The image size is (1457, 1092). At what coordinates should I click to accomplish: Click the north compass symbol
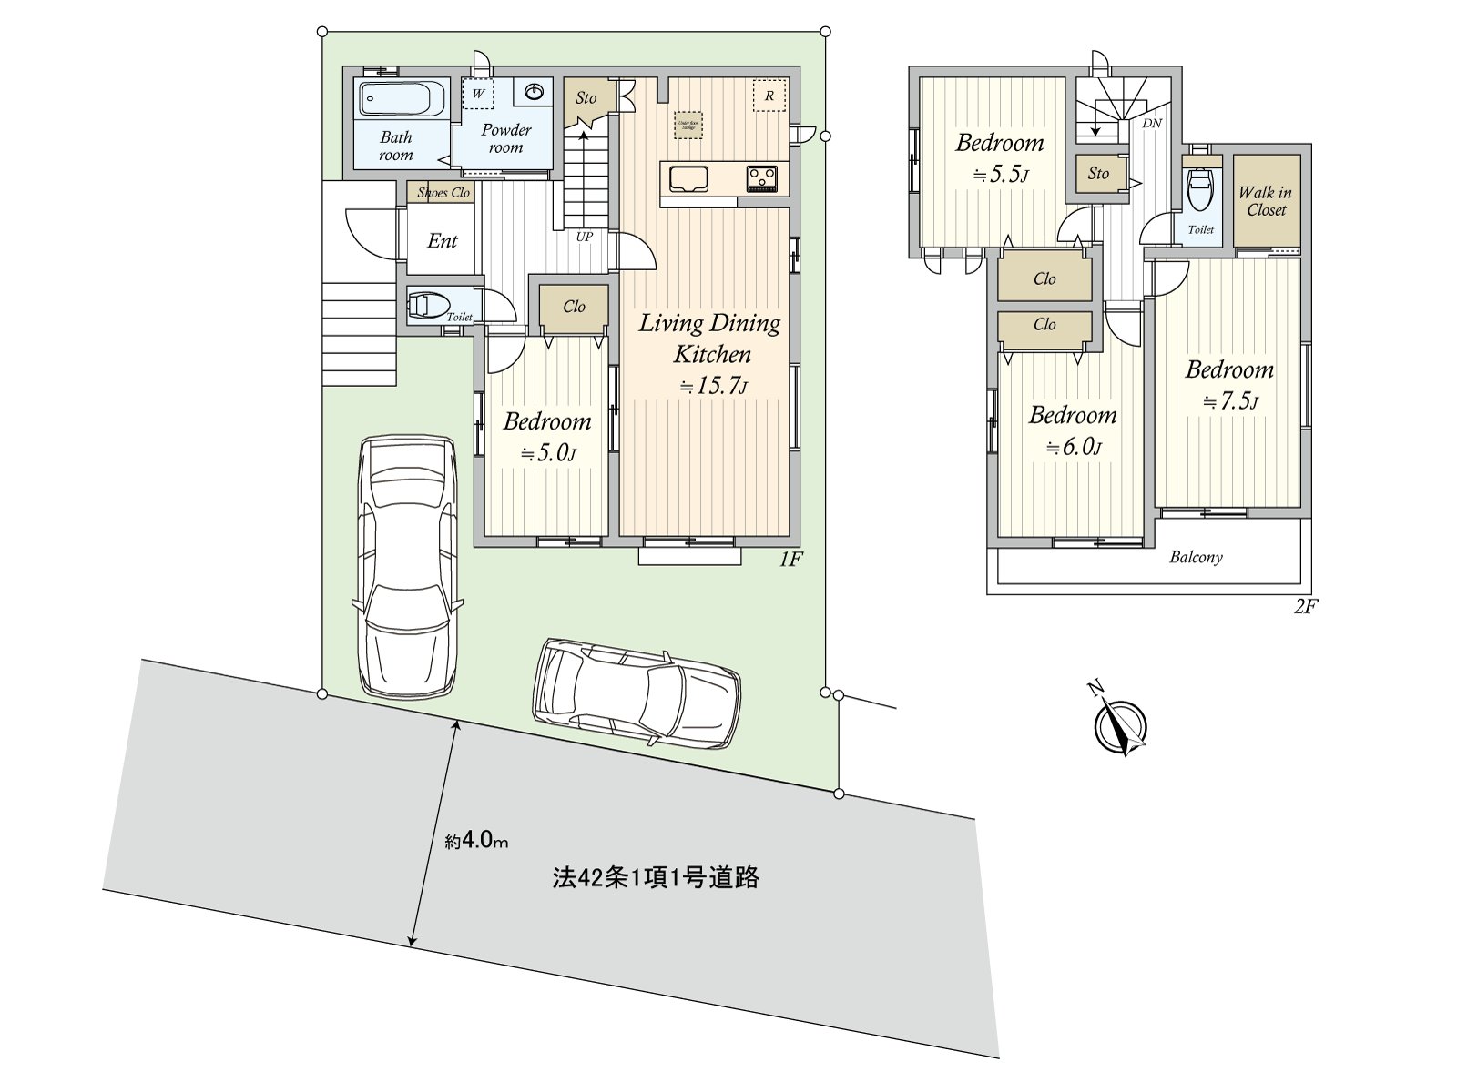1120,725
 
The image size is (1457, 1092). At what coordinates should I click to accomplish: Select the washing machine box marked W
476,94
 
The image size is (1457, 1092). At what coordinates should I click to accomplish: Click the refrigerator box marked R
769,96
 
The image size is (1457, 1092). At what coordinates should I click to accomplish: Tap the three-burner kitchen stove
762,178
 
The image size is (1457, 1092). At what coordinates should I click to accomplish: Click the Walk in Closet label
1266,201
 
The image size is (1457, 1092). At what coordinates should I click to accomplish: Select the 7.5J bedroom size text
1230,401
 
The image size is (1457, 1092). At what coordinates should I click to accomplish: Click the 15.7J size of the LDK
713,387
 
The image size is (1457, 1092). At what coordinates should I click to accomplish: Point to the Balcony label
1196,557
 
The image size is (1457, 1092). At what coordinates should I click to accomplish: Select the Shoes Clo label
443,193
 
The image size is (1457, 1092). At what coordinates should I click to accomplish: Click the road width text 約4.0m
476,841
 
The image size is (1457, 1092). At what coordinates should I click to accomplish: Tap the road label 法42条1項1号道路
656,878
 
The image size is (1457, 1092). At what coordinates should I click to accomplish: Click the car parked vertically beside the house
406,564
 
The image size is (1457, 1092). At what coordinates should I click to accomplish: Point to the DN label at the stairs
1152,123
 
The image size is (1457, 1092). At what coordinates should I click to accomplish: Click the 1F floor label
790,561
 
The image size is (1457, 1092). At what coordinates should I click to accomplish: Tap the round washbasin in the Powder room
535,92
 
